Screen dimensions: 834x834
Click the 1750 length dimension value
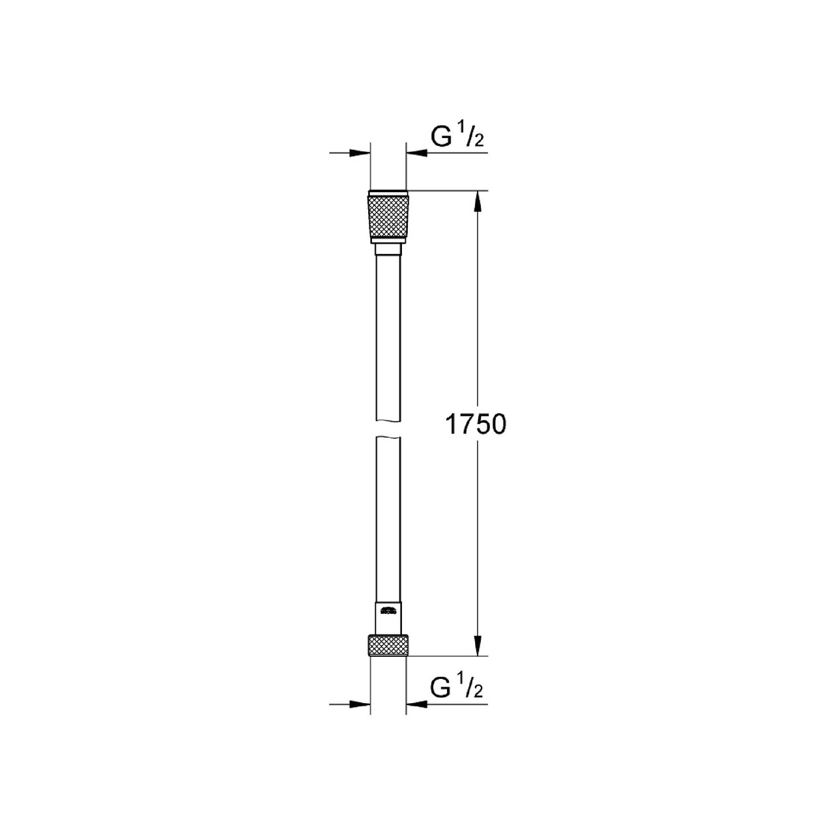pyautogui.click(x=475, y=424)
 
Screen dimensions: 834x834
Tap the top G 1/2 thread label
pyautogui.click(x=457, y=136)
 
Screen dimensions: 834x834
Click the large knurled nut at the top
pyautogui.click(x=388, y=217)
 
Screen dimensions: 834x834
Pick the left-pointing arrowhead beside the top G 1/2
pyautogui.click(x=416, y=152)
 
